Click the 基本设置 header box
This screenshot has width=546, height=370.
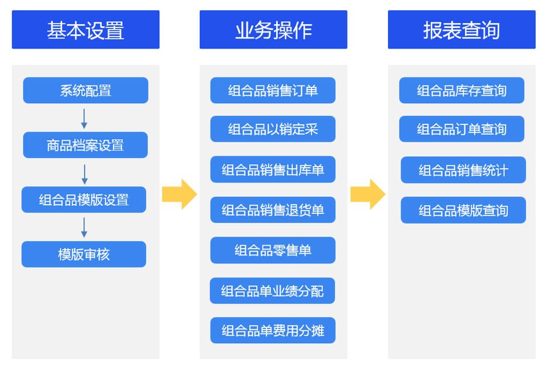pos(86,30)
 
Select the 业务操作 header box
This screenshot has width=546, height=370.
pos(273,30)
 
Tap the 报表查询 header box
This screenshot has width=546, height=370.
pos(462,30)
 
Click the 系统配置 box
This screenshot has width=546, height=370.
pos(86,90)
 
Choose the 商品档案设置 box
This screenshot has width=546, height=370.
pos(86,145)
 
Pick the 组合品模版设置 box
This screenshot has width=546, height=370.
pos(84,200)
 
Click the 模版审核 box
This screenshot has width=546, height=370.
pos(84,254)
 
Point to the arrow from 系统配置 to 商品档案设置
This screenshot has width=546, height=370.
pos(84,119)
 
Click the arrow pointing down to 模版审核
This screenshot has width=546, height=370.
pos(84,227)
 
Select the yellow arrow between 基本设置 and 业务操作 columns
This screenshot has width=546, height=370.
pos(180,194)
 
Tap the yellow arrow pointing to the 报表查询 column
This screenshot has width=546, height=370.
pos(368,194)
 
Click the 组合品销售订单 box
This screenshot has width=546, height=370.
pos(273,90)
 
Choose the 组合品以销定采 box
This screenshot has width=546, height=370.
pos(273,129)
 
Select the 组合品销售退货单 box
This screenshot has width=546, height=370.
pos(273,210)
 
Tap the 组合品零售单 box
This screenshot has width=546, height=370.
pos(273,250)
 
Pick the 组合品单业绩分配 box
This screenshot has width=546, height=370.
pos(272,291)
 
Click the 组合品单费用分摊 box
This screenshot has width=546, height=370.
pos(273,330)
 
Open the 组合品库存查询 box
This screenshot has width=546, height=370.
pos(462,90)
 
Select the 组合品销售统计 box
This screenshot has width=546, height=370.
pos(463,169)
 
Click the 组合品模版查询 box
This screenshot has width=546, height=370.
pos(463,210)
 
